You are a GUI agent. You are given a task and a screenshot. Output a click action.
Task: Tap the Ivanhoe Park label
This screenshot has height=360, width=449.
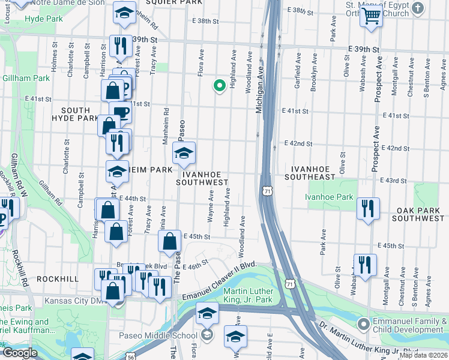(x=329, y=196)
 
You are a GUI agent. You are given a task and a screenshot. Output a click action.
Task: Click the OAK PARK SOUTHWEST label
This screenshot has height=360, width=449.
(x=420, y=215)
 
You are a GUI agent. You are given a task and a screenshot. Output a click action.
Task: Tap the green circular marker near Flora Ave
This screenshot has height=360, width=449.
(x=219, y=85)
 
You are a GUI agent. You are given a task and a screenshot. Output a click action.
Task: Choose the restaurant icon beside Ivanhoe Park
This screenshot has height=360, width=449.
(x=367, y=209)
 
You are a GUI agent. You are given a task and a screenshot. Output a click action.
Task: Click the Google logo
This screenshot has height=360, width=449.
(x=19, y=353)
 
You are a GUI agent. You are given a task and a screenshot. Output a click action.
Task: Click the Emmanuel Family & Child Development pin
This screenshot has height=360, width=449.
(x=363, y=325)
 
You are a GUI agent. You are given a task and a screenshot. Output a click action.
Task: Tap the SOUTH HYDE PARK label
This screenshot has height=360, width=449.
(x=79, y=115)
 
